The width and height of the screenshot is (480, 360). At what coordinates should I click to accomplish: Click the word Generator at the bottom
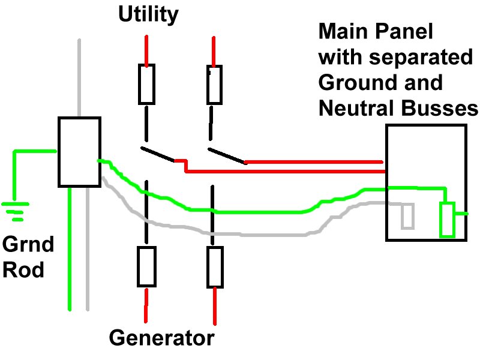161,338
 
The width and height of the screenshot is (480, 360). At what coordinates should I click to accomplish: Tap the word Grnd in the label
28,245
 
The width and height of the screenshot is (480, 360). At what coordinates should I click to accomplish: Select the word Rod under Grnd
23,270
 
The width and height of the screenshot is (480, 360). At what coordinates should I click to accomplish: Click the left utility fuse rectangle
146,85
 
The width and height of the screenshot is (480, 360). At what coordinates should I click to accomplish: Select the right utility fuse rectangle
214,85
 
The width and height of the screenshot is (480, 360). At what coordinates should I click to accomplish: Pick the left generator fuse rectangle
146,266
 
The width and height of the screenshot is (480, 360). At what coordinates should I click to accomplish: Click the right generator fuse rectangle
215,266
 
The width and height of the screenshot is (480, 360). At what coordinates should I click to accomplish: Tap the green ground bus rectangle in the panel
447,220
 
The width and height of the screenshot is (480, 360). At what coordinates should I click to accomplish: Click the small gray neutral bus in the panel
407,216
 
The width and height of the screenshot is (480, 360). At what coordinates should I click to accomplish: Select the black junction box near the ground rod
79,151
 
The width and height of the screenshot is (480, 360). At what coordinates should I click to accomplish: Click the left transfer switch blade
157,154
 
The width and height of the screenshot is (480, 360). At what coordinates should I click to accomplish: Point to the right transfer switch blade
226,155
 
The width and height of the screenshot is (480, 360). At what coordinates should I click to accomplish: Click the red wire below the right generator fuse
215,306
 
